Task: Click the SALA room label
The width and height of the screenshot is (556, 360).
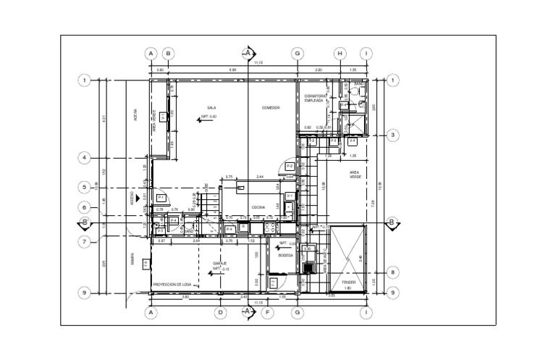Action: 212,107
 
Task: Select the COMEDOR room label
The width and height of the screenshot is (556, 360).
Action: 271,107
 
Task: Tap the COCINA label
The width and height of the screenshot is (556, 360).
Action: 258,207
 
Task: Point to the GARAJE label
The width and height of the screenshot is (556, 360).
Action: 220,263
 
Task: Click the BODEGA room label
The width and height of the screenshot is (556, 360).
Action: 285,255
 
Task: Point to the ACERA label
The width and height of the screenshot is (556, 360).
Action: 135,115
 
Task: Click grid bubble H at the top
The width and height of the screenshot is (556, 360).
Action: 340,53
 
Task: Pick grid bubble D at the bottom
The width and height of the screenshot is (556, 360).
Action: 221,313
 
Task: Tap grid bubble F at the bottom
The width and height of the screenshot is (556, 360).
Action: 269,313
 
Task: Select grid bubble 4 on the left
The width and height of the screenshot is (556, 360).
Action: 85,157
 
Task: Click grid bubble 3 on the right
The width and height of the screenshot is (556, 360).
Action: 393,135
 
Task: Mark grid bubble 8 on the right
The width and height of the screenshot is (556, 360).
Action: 393,272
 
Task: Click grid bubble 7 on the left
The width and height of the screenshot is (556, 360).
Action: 85,242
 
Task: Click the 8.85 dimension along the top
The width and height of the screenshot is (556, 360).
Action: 232,70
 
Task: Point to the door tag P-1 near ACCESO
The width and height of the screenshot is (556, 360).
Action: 161,198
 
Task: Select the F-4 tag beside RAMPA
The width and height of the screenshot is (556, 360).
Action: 146,264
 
